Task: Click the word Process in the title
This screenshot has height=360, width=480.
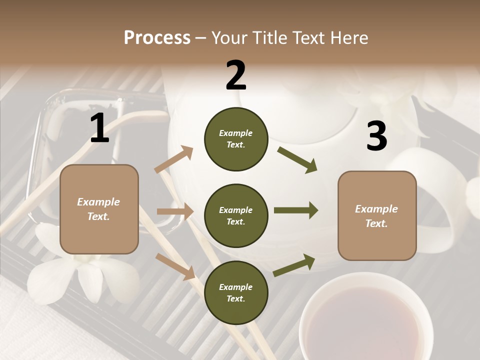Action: coord(157,38)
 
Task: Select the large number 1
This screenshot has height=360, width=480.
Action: coord(99,128)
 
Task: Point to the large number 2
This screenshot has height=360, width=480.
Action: coord(236,75)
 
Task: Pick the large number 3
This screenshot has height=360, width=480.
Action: coord(376,136)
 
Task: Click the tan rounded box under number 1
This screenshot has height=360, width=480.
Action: coord(99,209)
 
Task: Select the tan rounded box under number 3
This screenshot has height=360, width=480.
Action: coord(377,215)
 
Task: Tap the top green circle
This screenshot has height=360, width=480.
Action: coord(236,138)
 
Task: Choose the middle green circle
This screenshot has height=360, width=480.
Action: coord(236,215)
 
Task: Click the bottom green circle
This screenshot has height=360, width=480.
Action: coord(236,292)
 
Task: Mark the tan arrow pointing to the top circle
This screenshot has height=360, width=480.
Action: coord(174,159)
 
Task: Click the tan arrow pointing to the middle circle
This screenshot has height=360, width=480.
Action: coord(175,211)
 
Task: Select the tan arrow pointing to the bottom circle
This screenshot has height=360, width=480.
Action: coord(175,266)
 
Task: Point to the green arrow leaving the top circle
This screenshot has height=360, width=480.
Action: coord(297,160)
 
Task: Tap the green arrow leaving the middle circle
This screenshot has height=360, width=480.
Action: coord(296,210)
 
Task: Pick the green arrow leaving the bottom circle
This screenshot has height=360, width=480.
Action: coord(294,265)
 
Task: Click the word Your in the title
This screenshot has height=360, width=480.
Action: coord(231,38)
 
